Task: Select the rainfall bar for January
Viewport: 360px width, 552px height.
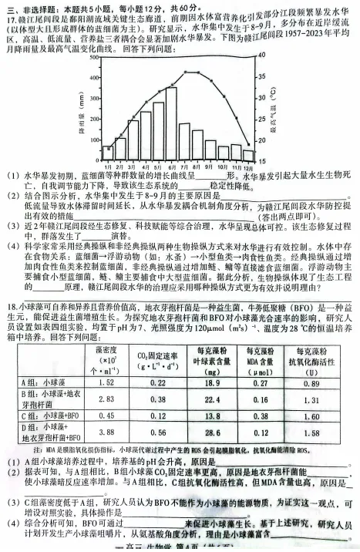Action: pos(107,153)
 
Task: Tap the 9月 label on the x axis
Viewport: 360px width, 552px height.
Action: pos(209,166)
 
